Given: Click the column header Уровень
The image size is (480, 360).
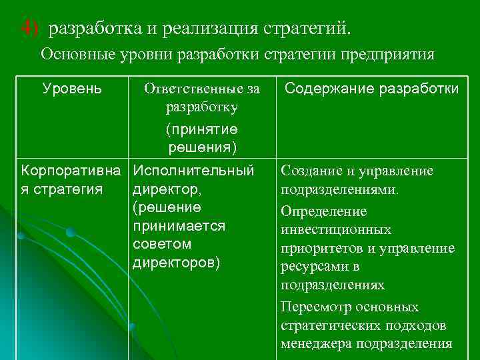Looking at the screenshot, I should click(72, 88).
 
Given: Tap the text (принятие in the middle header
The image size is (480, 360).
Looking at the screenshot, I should click(202, 128).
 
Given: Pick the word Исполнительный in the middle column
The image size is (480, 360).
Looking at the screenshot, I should click(194, 171).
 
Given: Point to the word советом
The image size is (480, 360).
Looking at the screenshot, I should click(162, 243).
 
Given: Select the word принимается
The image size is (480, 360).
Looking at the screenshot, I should click(179, 225).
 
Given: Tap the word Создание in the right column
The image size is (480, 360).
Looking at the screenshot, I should click(310, 171).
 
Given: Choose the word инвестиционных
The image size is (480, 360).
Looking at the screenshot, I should click(336, 230).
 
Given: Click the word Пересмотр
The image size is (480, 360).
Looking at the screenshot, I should click(316, 307).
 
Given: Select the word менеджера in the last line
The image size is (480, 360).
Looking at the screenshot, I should click(317, 345).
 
